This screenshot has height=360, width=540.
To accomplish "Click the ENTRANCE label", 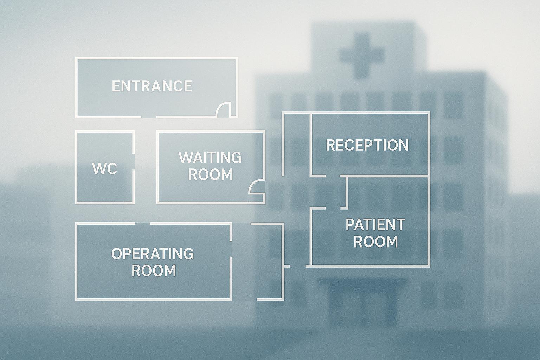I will (x=152, y=86).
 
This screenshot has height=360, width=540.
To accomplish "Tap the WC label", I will (x=104, y=169).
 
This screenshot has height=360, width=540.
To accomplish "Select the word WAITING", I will (x=210, y=157).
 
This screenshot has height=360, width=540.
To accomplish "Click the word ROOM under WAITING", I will (x=210, y=174).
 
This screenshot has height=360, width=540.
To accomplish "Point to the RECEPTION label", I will (x=367, y=145).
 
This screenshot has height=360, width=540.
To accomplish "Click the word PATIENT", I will (x=375, y=225).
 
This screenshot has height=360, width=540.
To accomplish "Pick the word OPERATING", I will (x=153, y=254).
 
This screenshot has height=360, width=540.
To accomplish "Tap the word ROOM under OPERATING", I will (x=154, y=271).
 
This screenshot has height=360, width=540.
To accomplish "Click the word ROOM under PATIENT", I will (x=375, y=242).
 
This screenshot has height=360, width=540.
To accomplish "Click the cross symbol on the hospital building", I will (x=361, y=55).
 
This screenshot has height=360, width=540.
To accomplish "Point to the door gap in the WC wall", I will (x=134, y=161).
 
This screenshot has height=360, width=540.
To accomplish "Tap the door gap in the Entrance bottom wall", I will (x=149, y=117).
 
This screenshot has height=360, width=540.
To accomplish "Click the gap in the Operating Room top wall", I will (x=142, y=223).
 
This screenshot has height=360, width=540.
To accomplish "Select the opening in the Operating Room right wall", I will (x=231, y=249).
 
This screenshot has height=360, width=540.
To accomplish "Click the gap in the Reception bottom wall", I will (x=333, y=175).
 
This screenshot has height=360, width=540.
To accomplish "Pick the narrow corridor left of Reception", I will (x=296, y=144).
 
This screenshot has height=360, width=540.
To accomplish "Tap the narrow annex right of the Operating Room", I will (x=270, y=262).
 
